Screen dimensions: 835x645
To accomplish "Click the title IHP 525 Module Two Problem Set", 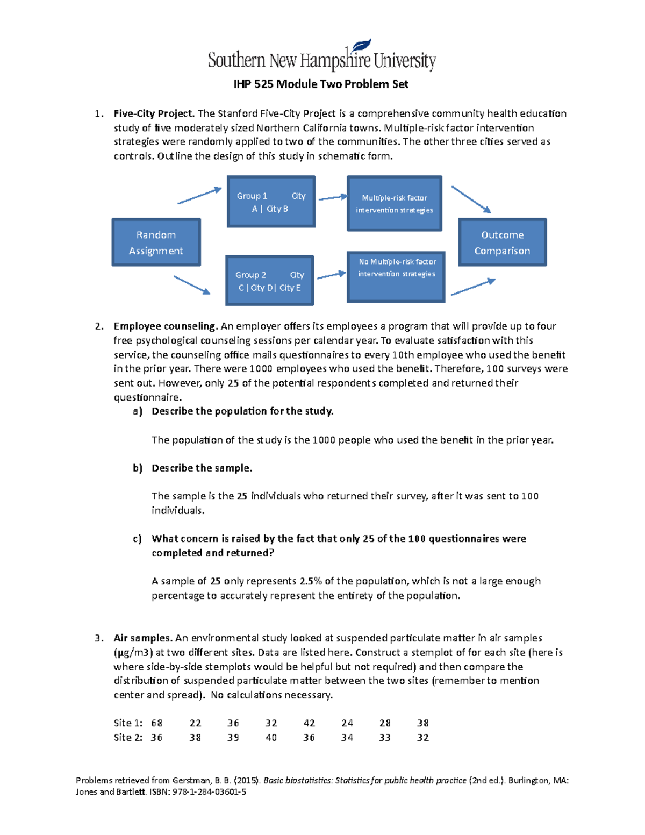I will [x=321, y=84].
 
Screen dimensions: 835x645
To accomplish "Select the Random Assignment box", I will [x=156, y=242].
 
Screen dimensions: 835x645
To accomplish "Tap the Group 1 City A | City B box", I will [x=271, y=202].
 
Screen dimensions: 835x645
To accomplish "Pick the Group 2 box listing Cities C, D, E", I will [x=269, y=281].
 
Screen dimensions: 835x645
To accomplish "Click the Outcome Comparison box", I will [x=502, y=242].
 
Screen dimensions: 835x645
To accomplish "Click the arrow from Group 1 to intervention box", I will [x=333, y=198].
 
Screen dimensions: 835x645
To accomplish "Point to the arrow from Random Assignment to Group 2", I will [x=191, y=285].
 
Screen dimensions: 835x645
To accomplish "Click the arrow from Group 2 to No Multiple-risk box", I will [x=331, y=275].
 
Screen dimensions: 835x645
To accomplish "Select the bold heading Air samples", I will [x=143, y=638].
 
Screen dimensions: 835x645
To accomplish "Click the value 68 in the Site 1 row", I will [x=156, y=723].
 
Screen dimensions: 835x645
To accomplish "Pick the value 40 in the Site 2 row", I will [x=271, y=738].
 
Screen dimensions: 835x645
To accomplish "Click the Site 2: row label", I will [x=128, y=738].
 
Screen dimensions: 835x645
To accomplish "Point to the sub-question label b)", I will [x=138, y=468].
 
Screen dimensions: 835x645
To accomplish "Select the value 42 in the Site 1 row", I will [x=309, y=723].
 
